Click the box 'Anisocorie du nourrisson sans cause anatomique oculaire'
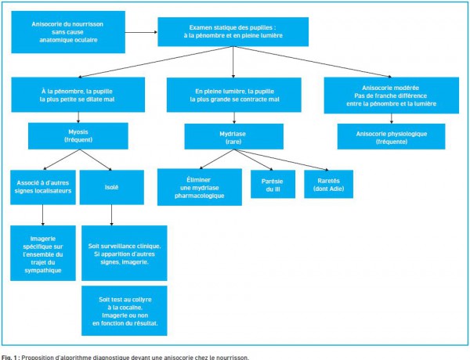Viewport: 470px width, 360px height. (68, 32)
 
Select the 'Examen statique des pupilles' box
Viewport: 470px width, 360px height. (233, 32)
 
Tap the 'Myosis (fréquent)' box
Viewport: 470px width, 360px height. (78, 135)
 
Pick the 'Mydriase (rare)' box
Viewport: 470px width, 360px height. (233, 136)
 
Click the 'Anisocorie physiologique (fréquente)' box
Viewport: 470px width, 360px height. (391, 136)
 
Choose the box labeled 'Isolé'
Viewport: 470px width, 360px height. (111, 187)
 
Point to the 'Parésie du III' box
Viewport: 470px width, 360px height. (273, 184)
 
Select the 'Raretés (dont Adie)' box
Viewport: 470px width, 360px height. (328, 184)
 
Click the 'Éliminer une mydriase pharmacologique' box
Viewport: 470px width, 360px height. (200, 187)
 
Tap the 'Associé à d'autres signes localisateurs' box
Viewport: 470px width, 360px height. (43, 187)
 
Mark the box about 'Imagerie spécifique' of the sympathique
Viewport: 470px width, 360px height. (43, 253)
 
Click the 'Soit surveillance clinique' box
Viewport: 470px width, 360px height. (124, 253)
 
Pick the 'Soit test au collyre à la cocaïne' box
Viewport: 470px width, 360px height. (124, 311)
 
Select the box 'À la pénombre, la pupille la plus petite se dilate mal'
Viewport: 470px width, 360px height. (78, 95)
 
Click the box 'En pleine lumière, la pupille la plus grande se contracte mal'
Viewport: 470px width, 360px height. (233, 95)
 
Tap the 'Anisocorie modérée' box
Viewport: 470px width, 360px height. (391, 95)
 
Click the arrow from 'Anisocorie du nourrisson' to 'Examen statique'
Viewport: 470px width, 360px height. (141, 32)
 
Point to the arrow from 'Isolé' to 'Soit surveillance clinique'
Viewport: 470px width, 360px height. (111, 215)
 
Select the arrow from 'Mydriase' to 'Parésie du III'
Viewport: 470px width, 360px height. (253, 160)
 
